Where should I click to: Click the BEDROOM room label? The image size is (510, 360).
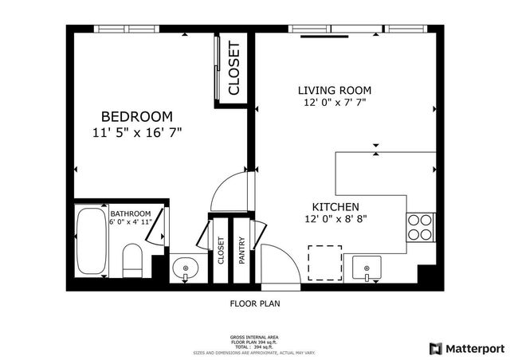(136, 116)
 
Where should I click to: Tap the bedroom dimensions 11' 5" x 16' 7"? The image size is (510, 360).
(136, 133)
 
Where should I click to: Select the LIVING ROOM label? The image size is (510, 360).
(335, 90)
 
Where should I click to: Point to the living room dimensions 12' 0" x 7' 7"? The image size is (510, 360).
(335, 103)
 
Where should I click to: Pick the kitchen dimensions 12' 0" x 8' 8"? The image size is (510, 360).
(335, 218)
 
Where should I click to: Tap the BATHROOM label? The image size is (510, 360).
(130, 213)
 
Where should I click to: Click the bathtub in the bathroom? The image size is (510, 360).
(89, 241)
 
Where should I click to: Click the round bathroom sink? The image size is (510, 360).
(186, 268)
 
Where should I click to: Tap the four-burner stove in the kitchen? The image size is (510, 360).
(420, 227)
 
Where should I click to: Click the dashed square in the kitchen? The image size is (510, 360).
(325, 264)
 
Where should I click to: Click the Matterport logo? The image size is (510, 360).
(467, 348)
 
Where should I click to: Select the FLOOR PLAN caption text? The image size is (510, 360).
(255, 303)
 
